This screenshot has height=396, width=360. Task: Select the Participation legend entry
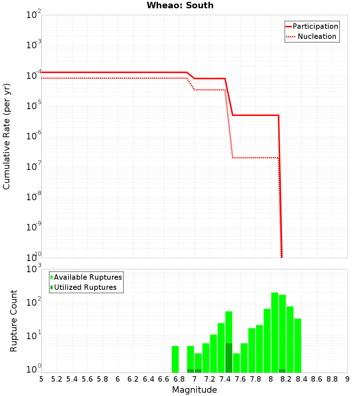point(315,27)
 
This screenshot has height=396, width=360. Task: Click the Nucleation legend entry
point(316,37)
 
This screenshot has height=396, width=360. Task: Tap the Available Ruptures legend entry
point(88,278)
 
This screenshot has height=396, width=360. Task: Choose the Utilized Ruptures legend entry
point(85,288)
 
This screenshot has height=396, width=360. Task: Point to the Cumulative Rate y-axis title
point(6,136)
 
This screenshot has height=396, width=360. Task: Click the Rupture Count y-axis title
point(14,320)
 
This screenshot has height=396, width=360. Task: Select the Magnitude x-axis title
point(194,390)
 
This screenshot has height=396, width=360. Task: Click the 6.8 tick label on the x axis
point(179,379)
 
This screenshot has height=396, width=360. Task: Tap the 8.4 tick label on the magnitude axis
point(301,379)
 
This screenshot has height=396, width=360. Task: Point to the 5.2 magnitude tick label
point(57,379)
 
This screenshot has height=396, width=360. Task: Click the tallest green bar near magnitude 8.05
point(275,331)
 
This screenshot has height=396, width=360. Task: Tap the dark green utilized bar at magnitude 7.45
point(229,358)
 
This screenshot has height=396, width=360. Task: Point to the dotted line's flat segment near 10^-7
point(256,158)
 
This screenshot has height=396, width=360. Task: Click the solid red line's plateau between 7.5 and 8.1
point(256,115)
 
